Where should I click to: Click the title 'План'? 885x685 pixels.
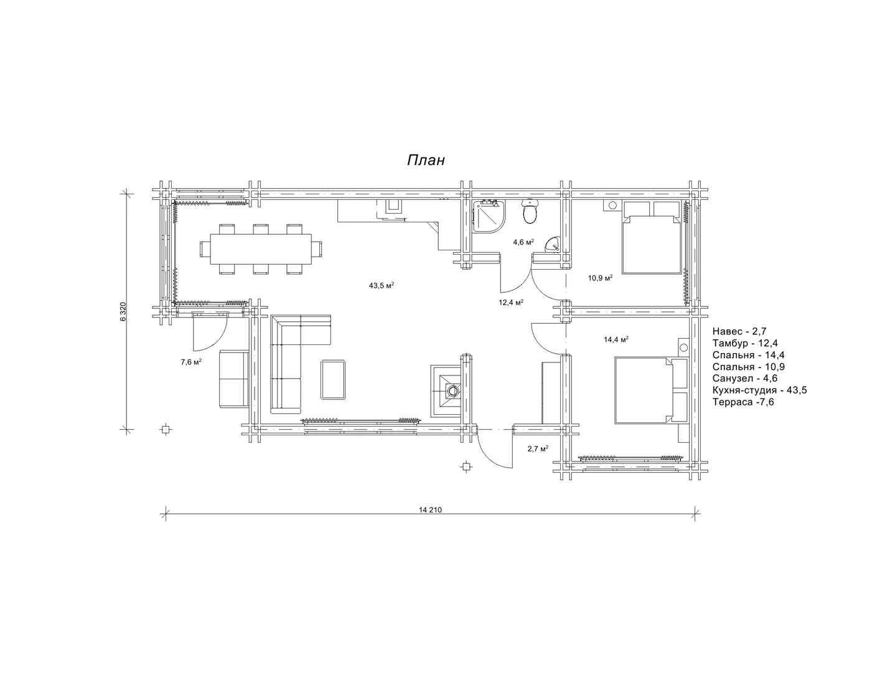pos(426,160)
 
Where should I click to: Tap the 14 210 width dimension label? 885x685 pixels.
pos(430,510)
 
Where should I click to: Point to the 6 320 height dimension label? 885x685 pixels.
pos(123,312)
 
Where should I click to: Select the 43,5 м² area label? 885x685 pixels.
pos(382,285)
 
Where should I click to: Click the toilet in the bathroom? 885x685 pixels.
pos(530,211)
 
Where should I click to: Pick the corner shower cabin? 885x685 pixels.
pos(489,216)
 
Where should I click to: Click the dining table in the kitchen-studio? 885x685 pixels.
pos(261,249)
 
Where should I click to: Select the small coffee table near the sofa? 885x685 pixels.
pos(333,379)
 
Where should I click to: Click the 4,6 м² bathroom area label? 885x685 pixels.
pos(523,242)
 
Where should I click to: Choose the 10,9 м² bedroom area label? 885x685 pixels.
pos(600,278)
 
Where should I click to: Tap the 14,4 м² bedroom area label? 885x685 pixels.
pos(616,339)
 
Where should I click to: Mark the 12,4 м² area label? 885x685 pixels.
pos(511,303)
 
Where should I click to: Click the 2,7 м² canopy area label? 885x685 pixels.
pos(538,448)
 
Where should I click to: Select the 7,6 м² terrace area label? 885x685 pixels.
pos(192,362)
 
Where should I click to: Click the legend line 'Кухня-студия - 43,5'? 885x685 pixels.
pos(759,390)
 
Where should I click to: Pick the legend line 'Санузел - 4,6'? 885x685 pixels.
pos(745,379)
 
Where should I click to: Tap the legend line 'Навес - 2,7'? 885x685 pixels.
pos(739,331)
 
